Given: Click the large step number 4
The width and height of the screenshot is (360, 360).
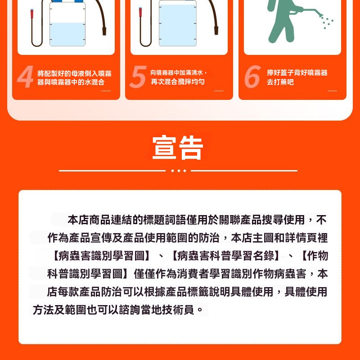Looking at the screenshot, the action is click(26, 76).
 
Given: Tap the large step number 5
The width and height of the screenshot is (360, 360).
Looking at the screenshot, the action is click(138, 76).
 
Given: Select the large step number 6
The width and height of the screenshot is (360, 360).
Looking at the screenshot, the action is click(252, 76).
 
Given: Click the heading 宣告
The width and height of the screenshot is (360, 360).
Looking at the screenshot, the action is click(178, 147).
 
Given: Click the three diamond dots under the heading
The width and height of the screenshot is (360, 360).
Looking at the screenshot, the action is click(178, 171).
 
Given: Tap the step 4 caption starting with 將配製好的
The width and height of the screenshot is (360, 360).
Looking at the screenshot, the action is click(74, 77).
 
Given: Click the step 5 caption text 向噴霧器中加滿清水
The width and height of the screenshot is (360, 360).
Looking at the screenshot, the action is click(176, 72).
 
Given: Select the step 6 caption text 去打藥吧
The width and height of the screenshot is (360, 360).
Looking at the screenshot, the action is click(280, 82).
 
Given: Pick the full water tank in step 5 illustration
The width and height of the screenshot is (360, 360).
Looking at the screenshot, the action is click(178, 23).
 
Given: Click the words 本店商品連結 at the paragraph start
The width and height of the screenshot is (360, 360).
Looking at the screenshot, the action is click(100, 220).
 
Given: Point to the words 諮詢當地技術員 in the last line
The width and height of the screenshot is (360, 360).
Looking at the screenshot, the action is click(156, 310).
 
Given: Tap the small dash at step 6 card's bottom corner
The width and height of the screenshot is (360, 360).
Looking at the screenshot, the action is click(332, 91).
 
